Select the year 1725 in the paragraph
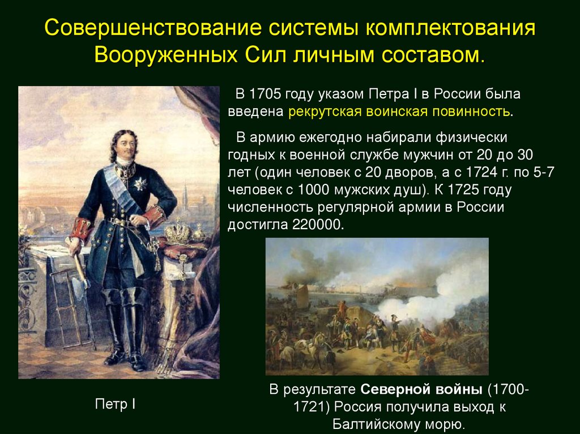tap(458, 189)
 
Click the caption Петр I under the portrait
tap(114, 405)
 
